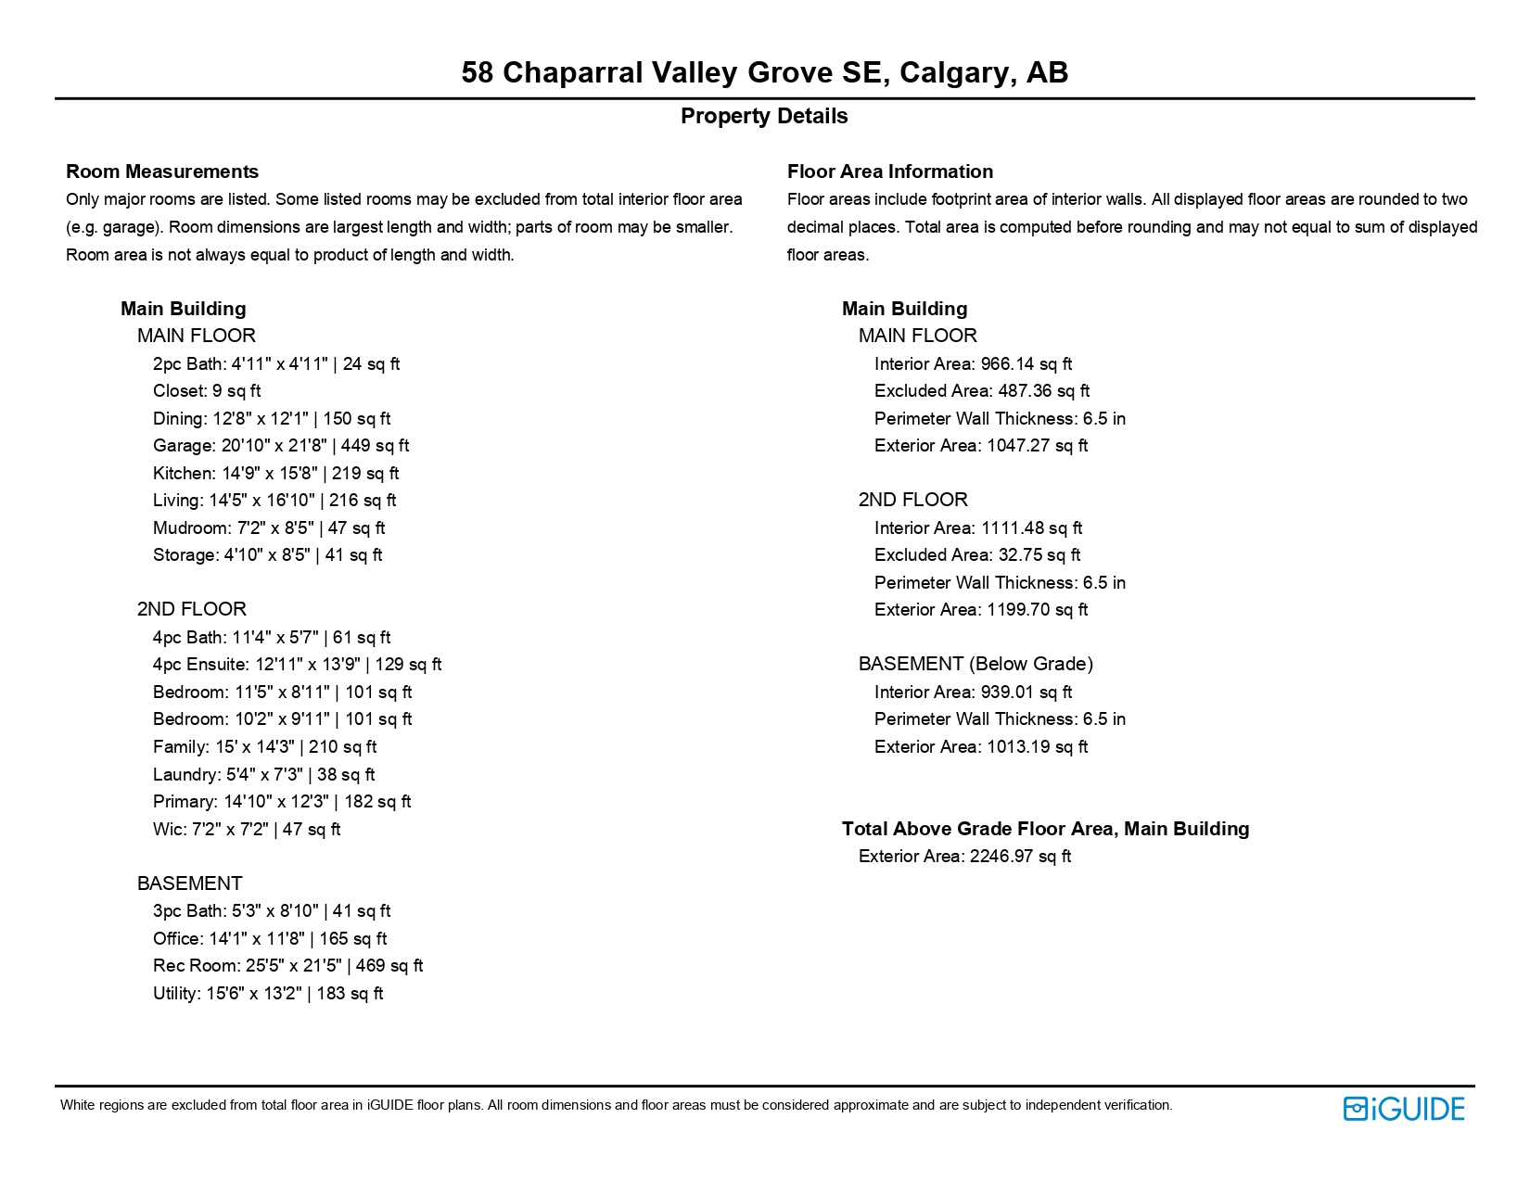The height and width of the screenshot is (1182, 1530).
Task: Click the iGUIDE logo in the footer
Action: [x=1403, y=1109]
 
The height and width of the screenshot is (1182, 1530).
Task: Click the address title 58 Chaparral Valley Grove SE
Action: [x=764, y=72]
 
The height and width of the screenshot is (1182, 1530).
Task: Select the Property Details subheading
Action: [x=764, y=116]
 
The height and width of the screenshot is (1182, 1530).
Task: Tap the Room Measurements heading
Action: [x=162, y=172]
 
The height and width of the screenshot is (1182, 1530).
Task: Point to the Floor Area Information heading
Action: [x=889, y=172]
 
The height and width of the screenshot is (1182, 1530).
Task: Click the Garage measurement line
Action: [x=280, y=446]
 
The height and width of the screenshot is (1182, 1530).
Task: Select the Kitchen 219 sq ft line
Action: [x=275, y=474]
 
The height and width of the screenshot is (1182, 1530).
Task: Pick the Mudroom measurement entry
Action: [x=269, y=528]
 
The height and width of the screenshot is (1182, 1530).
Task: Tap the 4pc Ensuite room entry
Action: [x=297, y=665]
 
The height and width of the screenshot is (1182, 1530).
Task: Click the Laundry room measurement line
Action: [x=263, y=775]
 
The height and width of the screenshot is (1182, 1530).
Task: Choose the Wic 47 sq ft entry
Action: [x=247, y=830]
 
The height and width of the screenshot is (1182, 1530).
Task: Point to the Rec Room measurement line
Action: [x=287, y=966]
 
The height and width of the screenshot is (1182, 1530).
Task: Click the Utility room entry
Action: [x=268, y=994]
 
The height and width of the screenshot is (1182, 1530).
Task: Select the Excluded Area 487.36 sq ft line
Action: [x=981, y=391]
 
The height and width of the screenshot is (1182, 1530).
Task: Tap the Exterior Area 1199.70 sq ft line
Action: [x=980, y=610]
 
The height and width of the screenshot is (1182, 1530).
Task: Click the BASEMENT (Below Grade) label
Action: [x=975, y=664]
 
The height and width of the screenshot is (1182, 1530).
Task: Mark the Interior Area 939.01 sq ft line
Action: [x=973, y=693]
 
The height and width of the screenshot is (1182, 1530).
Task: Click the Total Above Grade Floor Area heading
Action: [x=1045, y=829]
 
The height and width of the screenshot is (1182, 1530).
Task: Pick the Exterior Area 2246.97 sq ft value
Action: [x=964, y=857]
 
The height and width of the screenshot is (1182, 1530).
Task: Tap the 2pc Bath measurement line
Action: [x=276, y=364]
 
